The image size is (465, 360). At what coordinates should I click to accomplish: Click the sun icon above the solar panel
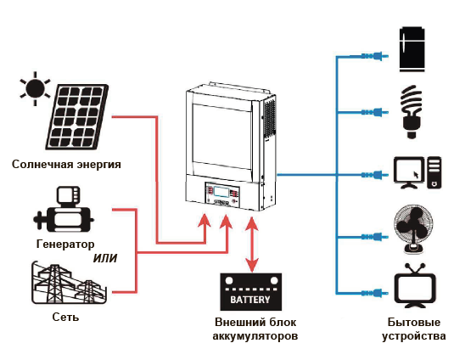coord(36,88)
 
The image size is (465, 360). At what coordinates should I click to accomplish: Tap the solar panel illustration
coord(77,116)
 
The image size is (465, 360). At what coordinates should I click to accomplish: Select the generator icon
coord(64,210)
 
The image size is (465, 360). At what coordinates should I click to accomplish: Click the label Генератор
coord(65,244)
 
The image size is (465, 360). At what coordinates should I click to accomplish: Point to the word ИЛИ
coord(105,258)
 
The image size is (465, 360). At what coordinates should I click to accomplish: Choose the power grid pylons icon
coord(69,283)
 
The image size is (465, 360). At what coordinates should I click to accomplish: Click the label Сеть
coord(65,317)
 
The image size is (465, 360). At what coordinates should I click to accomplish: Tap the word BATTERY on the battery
coord(250,300)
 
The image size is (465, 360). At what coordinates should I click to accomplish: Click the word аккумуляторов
coord(255,336)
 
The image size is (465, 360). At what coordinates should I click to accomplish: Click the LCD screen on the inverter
coord(222,192)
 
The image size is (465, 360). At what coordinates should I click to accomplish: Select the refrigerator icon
coord(412,49)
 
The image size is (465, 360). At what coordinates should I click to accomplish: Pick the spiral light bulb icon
coord(412,112)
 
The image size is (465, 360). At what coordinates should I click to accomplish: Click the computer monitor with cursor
coord(409,172)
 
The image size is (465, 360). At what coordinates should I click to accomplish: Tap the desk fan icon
coord(413,230)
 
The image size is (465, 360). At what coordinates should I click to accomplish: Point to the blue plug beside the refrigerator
coord(374,56)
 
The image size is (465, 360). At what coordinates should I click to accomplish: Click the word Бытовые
coord(414,322)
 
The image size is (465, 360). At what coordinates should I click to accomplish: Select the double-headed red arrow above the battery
coord(252,245)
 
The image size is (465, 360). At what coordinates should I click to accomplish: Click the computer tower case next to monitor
coord(434,172)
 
